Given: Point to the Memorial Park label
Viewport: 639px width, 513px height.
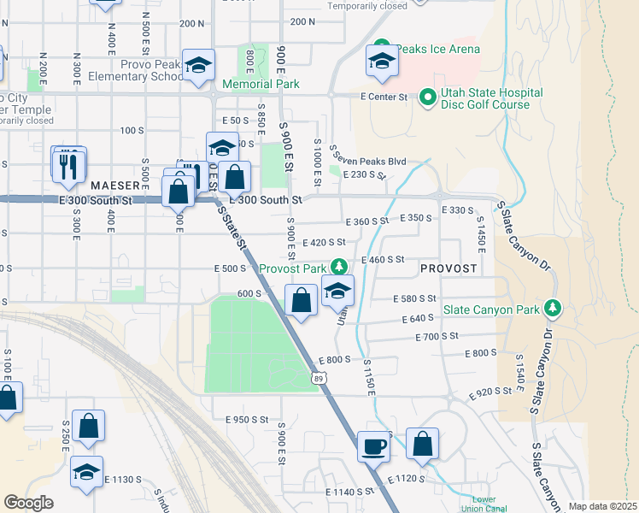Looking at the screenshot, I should pos(261,85).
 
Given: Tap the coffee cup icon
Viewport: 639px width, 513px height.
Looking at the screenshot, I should pos(372,446).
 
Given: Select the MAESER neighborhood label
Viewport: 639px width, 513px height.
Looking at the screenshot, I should pos(114,185).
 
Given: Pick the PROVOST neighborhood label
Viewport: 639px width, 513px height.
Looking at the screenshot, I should pos(448,268).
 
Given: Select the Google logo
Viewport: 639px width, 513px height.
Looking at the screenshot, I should pos(28,503).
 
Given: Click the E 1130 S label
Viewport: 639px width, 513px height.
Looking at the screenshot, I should pos(123,481).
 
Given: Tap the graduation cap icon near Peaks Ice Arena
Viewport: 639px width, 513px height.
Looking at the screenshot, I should pos(382,61).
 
